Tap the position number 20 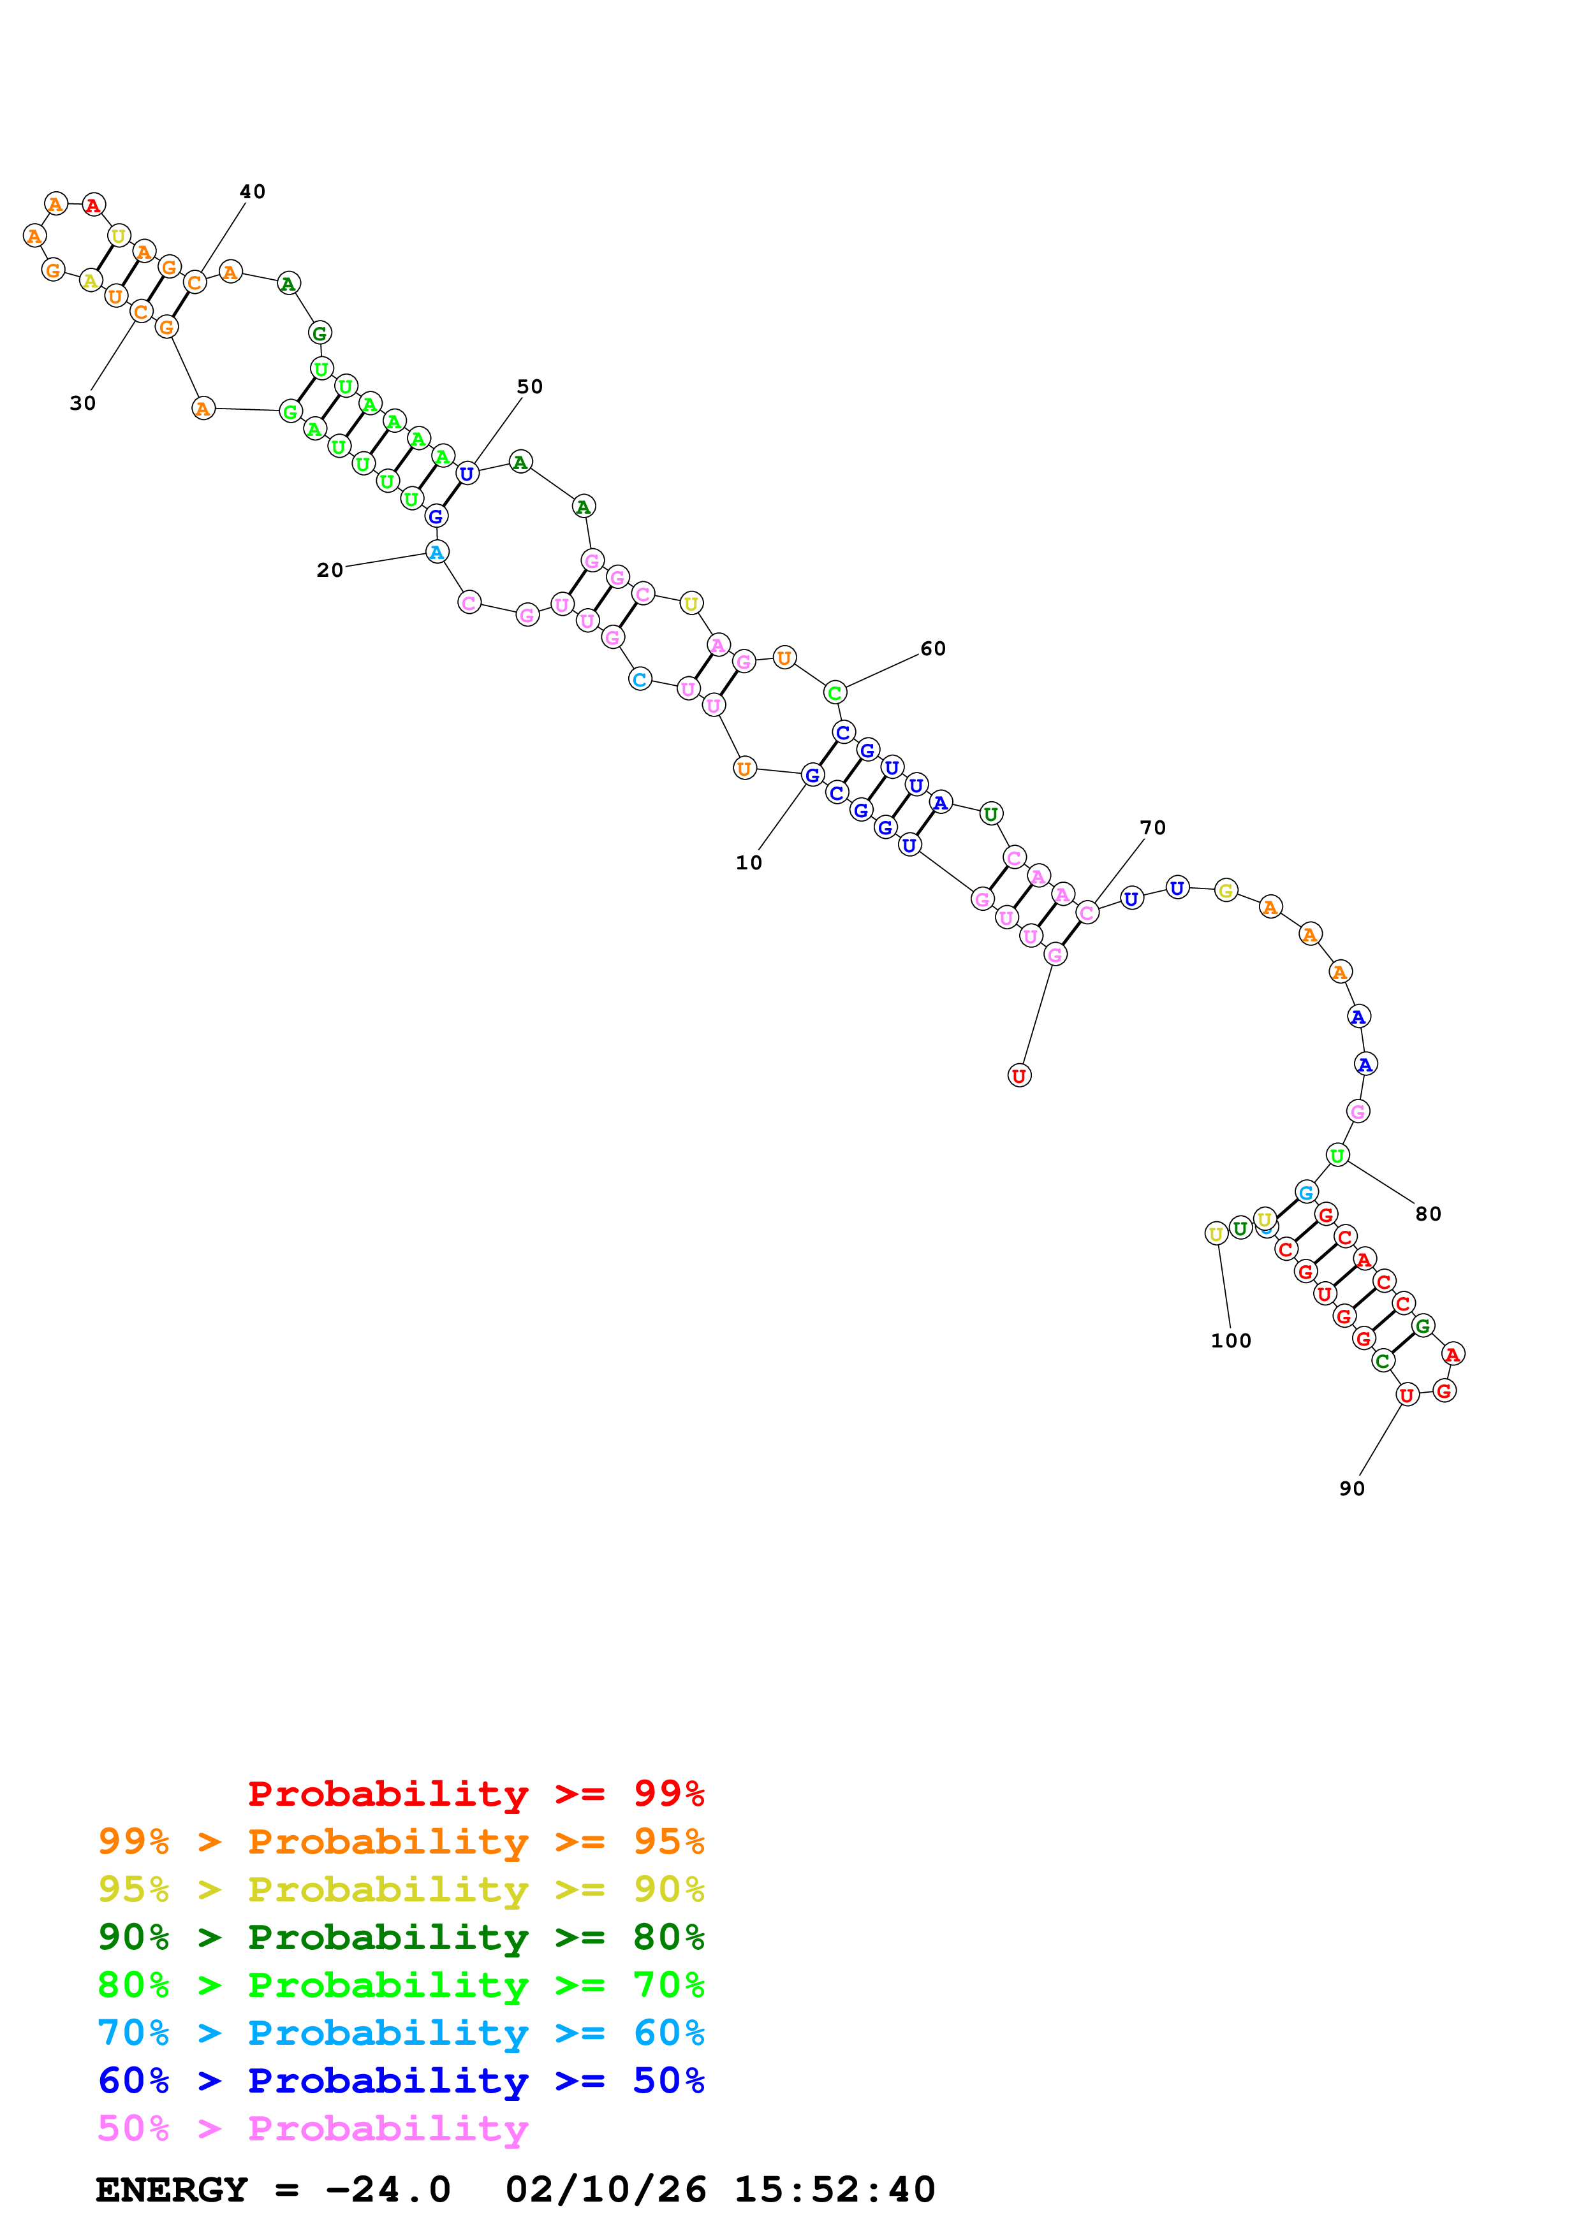click(x=329, y=570)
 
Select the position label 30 click(x=83, y=403)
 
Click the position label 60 click(x=932, y=649)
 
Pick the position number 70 click(x=1152, y=828)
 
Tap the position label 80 click(x=1428, y=1214)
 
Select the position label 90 click(x=1352, y=1488)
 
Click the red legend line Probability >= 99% click(x=475, y=1793)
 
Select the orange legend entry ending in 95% click(x=401, y=1841)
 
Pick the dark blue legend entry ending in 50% click(x=401, y=2080)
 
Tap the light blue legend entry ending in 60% click(x=401, y=2033)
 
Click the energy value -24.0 click(x=388, y=2190)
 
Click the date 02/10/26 click(x=605, y=2190)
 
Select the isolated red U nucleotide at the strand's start click(x=1019, y=1075)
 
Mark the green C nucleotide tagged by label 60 click(x=834, y=692)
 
